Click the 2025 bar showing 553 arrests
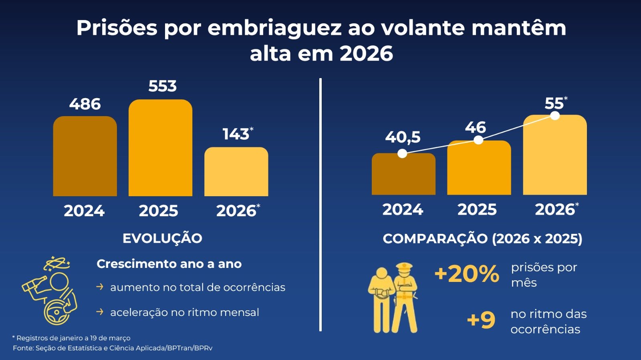pyautogui.click(x=160, y=148)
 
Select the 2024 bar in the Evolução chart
pyautogui.click(x=85, y=156)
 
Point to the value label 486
pyautogui.click(x=85, y=104)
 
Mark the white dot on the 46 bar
pyautogui.click(x=478, y=140)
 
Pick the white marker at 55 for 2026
pyautogui.click(x=555, y=116)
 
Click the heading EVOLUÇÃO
pyautogui.click(x=162, y=238)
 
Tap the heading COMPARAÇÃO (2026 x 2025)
pyautogui.click(x=482, y=239)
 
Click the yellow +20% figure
pyautogui.click(x=467, y=274)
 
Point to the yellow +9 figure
pyautogui.click(x=481, y=320)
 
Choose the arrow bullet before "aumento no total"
pyautogui.click(x=100, y=287)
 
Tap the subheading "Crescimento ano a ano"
pyautogui.click(x=169, y=264)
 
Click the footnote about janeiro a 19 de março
pyautogui.click(x=71, y=338)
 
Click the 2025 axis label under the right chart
pyautogui.click(x=477, y=209)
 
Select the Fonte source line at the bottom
pyautogui.click(x=113, y=348)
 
